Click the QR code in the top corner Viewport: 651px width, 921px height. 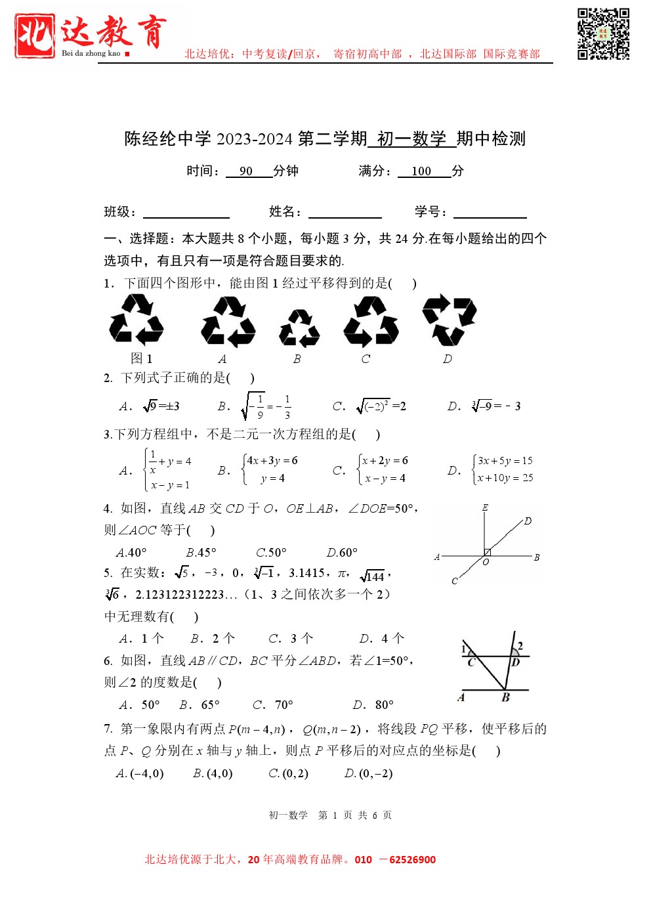point(603,34)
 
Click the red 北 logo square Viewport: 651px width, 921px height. point(34,35)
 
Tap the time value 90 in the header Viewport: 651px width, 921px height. point(246,171)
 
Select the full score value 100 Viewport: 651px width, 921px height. point(421,171)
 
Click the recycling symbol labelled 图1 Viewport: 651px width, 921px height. point(136,319)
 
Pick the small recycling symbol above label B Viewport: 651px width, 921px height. point(299,328)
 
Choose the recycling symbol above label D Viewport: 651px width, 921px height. point(449,320)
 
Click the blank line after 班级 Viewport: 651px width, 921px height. point(186,213)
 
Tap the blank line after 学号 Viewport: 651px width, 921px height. point(490,213)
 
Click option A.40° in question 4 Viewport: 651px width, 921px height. point(131,553)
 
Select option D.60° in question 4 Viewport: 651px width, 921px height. point(342,553)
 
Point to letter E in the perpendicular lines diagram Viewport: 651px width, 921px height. point(485,507)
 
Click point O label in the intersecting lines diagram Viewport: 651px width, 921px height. point(486,563)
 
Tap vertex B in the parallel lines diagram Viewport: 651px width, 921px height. point(505,697)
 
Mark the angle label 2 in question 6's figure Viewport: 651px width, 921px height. point(520,646)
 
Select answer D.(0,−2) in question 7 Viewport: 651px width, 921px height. point(369,773)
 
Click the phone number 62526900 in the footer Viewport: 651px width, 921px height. point(412,860)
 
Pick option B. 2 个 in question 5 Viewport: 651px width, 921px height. point(213,638)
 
